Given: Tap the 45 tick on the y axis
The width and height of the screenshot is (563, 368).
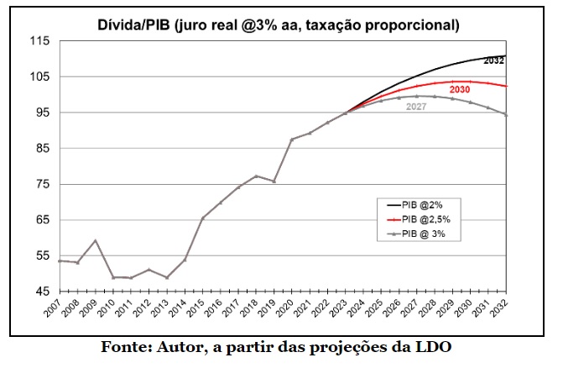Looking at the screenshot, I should point(41,292).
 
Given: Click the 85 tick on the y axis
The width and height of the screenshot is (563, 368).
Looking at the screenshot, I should point(41,149).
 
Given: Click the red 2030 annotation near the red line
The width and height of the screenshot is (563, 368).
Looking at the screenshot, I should point(459,89).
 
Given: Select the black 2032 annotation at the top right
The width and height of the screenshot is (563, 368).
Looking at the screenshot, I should point(494,60).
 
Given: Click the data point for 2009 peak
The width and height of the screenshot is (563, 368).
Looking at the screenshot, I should point(95,240).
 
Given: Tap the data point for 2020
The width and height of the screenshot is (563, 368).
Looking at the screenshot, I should point(291,139).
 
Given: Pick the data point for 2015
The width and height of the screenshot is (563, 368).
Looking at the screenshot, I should point(202,218).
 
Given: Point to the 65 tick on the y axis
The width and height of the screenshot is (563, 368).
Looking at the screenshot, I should point(41,220).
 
